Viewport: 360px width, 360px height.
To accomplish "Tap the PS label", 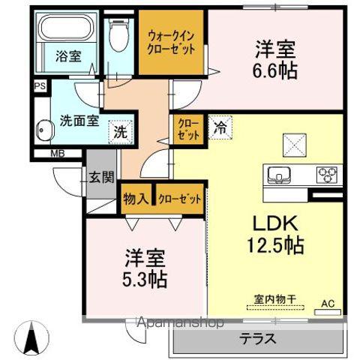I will click(x=39, y=86).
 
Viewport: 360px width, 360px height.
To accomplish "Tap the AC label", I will click(x=328, y=304).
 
